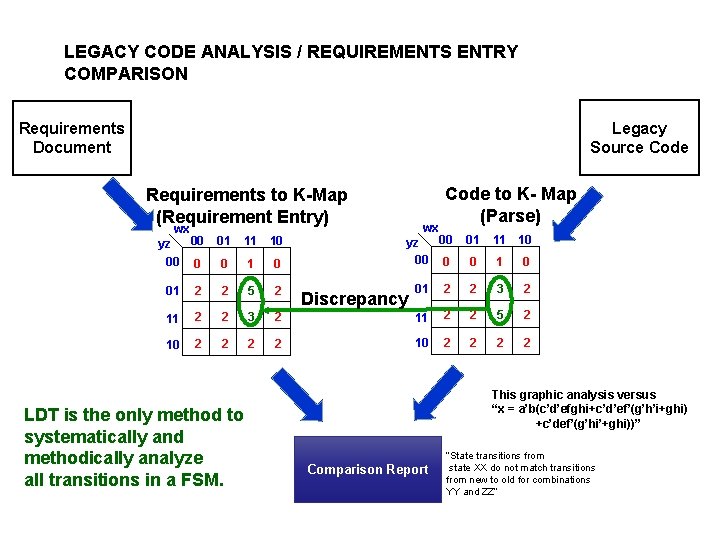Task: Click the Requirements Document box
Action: tap(72, 137)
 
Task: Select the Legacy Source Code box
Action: tap(639, 137)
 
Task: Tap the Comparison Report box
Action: tap(367, 469)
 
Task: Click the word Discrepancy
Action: tap(354, 298)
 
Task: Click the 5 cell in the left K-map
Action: tap(251, 291)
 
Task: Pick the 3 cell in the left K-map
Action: tap(251, 318)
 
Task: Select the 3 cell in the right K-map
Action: tap(497, 290)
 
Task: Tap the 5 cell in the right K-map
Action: tap(497, 316)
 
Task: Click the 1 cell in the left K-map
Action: tap(251, 264)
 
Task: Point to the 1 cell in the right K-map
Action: tap(497, 262)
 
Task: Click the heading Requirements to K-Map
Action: tap(247, 195)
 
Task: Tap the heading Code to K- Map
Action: tap(510, 194)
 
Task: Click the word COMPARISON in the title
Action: tap(126, 74)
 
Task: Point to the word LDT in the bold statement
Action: tap(42, 414)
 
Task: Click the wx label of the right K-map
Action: tap(430, 228)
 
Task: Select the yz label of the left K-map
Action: tap(164, 243)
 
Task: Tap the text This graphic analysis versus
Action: tap(574, 394)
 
